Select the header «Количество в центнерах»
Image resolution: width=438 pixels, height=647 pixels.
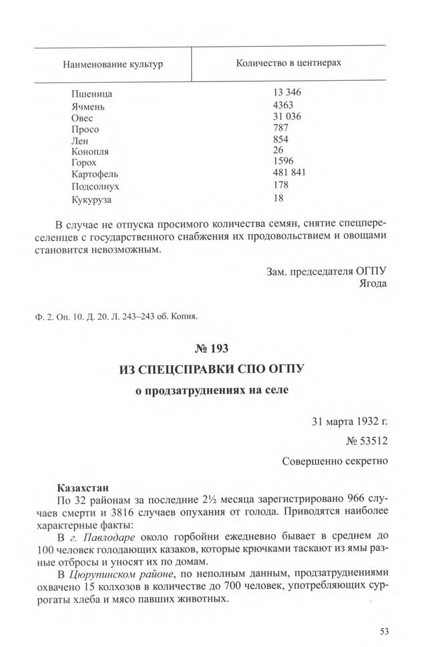tap(289, 63)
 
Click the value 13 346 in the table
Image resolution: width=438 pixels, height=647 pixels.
tap(288, 93)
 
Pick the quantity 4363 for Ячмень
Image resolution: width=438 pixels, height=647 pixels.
tap(283, 105)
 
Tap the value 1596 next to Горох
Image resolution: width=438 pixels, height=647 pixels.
tap(283, 162)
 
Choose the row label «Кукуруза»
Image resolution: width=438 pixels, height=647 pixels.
tap(92, 198)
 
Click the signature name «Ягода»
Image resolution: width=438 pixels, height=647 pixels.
tap(373, 283)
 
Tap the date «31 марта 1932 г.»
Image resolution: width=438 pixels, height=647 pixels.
tap(349, 422)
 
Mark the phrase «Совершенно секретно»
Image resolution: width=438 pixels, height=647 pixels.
tap(335, 461)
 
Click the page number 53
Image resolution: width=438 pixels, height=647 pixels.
tap(384, 630)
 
